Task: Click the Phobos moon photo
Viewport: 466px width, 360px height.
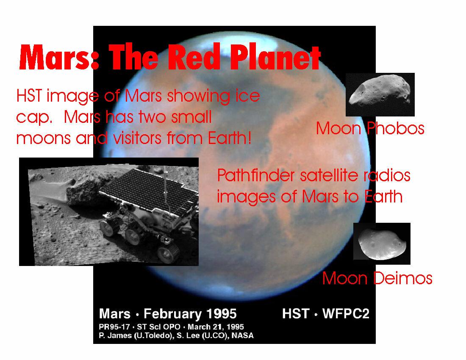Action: [x=380, y=94]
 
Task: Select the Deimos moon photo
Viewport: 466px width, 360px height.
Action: [x=382, y=244]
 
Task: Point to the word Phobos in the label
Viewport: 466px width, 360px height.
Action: [x=395, y=128]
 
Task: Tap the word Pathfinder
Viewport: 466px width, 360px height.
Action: [x=256, y=175]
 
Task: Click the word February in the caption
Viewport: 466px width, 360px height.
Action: [x=174, y=314]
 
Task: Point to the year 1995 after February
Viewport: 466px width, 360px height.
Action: [x=222, y=314]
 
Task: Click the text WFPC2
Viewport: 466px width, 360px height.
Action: [x=346, y=314]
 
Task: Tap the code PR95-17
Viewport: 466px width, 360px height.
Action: [x=114, y=327]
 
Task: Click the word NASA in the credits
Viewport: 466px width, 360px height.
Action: [x=242, y=335]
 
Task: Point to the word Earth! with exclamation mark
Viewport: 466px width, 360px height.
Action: [x=230, y=138]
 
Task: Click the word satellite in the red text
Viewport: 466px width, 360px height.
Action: [x=329, y=175]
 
